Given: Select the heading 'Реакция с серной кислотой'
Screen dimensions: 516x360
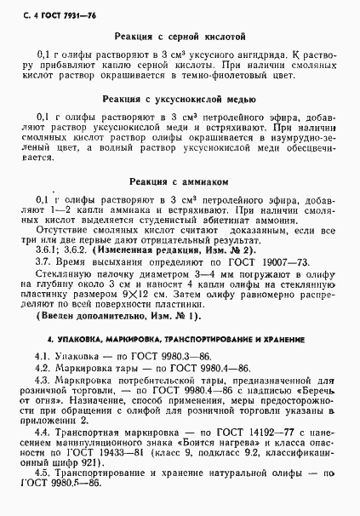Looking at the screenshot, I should tap(179, 37).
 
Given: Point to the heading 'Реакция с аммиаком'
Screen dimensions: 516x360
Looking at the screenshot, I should tap(179, 181).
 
